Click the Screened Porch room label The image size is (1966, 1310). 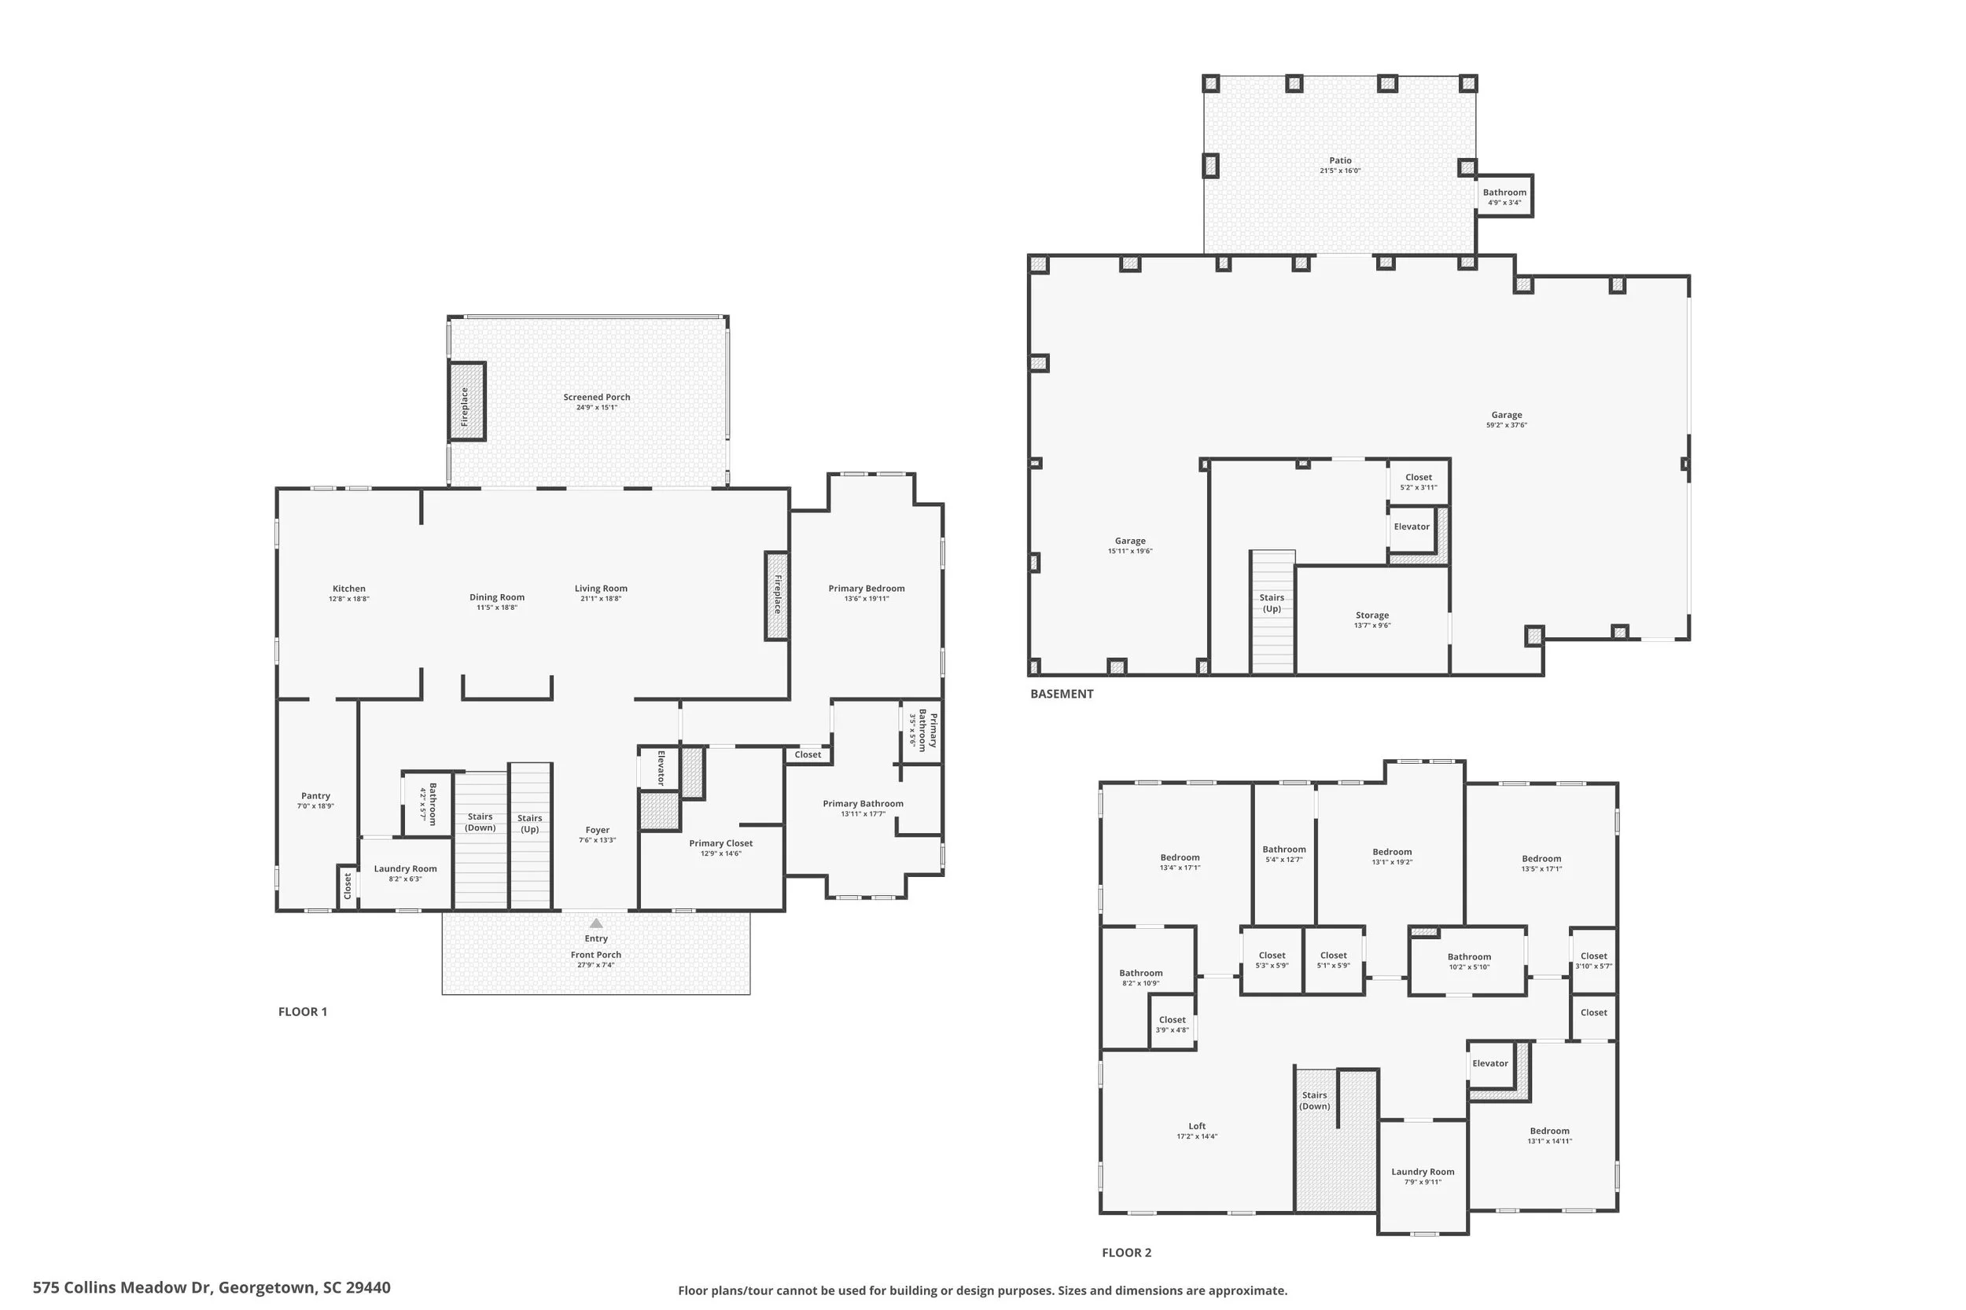coord(596,398)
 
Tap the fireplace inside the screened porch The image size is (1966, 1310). coord(466,402)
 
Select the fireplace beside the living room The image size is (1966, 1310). coord(776,595)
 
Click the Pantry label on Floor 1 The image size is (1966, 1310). coord(315,796)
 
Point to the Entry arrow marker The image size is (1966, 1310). coord(596,923)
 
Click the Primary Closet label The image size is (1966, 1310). coord(720,843)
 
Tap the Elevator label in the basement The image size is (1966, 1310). coord(1412,527)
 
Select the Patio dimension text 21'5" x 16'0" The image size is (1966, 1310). coord(1340,171)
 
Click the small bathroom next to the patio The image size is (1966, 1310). coord(1504,196)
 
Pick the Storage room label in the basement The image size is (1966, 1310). coord(1371,615)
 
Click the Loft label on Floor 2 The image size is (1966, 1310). coord(1196,1126)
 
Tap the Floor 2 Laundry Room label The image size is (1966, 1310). coord(1423,1172)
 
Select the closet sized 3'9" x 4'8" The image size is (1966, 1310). coord(1172,1024)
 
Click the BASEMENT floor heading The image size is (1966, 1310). coord(1062,693)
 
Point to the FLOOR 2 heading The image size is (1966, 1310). coord(1126,1253)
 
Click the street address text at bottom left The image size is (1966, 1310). coord(212,1287)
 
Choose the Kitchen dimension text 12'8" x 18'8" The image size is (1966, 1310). coord(348,599)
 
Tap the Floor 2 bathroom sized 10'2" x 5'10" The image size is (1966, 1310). coord(1469,962)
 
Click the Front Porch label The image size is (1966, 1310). coord(596,955)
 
